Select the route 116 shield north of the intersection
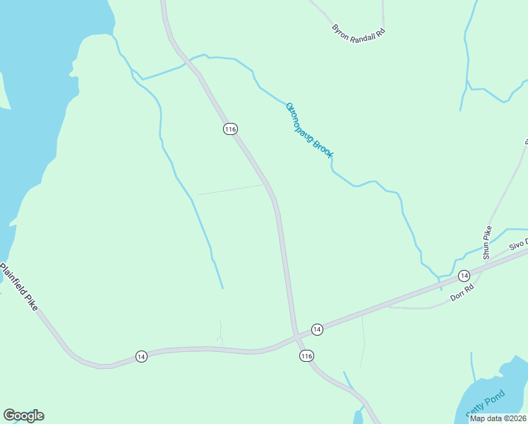point(230,129)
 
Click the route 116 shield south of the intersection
point(306,356)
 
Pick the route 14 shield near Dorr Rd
point(463,275)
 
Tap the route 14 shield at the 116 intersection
point(317,329)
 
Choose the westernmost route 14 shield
point(141,357)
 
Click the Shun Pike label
point(486,242)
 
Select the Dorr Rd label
point(461,291)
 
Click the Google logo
point(23,416)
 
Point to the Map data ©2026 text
point(498,418)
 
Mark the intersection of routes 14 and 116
point(295,334)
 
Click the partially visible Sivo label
point(519,244)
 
